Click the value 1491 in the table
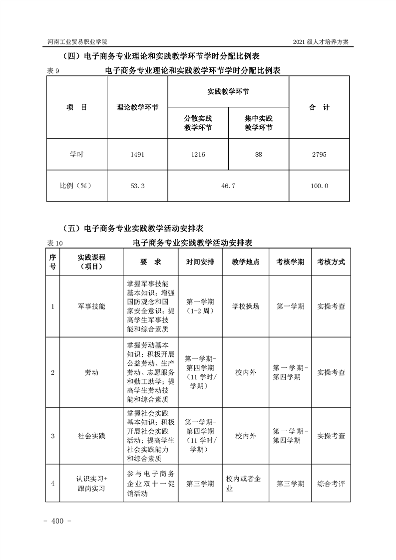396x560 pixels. pos(137,155)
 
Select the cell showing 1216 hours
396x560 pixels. pos(198,155)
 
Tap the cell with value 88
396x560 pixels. pos(258,155)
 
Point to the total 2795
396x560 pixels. pos(319,155)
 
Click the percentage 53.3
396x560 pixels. pos(137,186)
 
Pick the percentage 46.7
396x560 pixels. pos(228,186)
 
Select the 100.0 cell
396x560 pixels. pos(319,186)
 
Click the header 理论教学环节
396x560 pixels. pos(137,107)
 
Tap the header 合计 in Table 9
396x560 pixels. pos(319,107)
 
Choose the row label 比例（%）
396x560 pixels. pos(76,186)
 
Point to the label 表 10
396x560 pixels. pos(55,243)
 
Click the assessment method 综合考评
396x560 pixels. pos(331,483)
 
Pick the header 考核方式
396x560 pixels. pos(331,262)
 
